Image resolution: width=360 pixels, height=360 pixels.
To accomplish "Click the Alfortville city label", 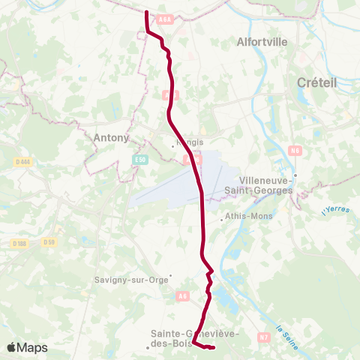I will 262,43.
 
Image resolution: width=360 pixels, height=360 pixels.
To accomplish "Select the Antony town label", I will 112,137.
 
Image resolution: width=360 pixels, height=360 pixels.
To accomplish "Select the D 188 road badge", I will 19,243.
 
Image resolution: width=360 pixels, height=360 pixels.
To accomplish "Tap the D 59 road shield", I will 49,241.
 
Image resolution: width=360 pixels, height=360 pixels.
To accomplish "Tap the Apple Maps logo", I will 27,347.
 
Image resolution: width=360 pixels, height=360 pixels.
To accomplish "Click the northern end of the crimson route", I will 146,12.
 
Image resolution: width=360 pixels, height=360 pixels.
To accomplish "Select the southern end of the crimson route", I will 214,347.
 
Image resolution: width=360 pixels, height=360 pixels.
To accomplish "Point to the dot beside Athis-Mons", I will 222,220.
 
